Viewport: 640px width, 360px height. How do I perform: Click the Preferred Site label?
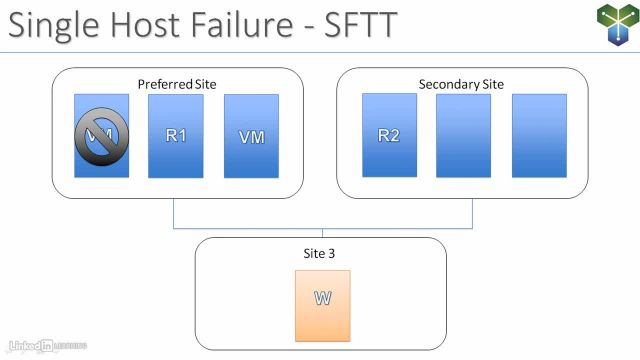[177, 84]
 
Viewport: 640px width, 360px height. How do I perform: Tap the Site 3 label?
[319, 254]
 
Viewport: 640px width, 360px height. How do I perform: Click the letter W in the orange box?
[323, 299]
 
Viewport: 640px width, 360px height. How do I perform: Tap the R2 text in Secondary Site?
[389, 136]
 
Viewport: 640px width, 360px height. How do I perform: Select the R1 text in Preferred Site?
[176, 135]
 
